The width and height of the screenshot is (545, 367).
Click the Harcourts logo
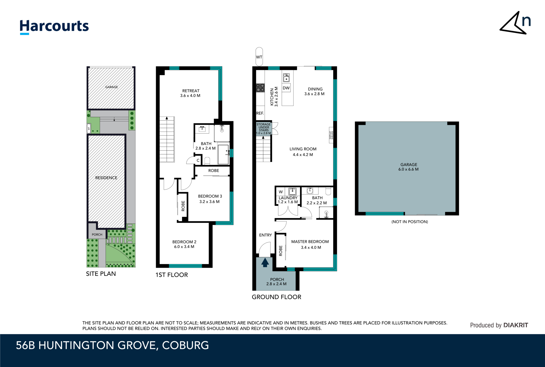click(54, 27)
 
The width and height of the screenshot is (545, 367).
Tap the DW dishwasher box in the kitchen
click(286, 88)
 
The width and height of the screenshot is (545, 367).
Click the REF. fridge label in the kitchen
click(260, 113)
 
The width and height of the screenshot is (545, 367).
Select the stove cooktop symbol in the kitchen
click(260, 88)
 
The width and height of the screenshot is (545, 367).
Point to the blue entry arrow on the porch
click(265, 263)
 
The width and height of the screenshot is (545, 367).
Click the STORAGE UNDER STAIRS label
click(263, 128)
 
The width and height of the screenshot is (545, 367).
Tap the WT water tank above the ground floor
click(259, 57)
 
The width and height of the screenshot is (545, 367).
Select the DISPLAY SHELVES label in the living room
click(331, 135)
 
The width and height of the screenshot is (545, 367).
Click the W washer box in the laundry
click(281, 192)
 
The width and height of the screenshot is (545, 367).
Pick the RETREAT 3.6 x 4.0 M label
click(191, 93)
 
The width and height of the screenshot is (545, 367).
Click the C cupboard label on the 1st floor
click(198, 160)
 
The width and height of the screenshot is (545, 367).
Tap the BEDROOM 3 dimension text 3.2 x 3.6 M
click(209, 202)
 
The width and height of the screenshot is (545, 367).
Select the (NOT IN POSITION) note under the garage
click(410, 222)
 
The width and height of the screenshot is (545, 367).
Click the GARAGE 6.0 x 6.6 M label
click(408, 167)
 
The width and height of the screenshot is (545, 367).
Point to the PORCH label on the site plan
click(97, 235)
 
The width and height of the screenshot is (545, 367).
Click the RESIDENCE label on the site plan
click(106, 178)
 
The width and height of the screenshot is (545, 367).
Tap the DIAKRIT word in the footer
click(516, 325)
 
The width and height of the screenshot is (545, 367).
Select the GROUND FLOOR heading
click(276, 297)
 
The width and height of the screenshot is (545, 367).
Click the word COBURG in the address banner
click(185, 345)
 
